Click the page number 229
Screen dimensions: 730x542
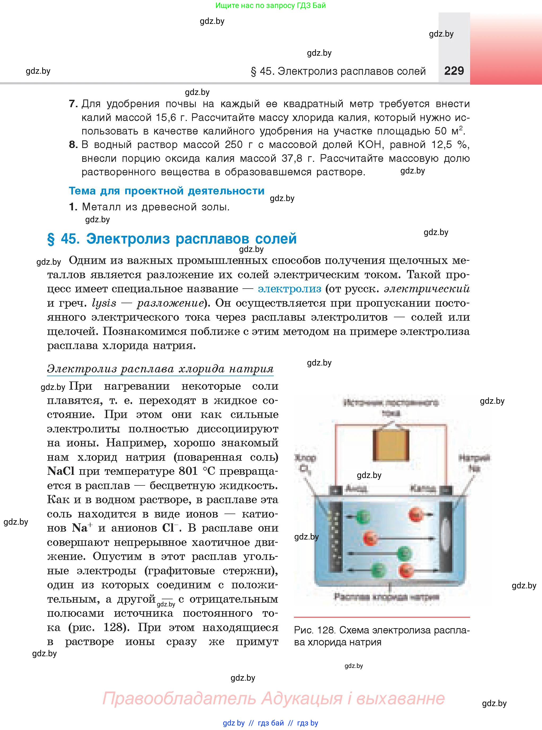pos(454,71)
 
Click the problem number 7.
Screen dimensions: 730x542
pos(73,104)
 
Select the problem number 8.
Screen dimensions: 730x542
pos(73,145)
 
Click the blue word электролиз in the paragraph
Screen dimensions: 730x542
pos(289,289)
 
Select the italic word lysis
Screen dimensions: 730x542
pos(104,303)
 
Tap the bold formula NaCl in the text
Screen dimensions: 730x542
pos(61,471)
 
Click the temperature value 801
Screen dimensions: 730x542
pos(188,471)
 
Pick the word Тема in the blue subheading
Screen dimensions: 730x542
pos(82,191)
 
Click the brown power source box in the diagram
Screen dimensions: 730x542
pos(391,445)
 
